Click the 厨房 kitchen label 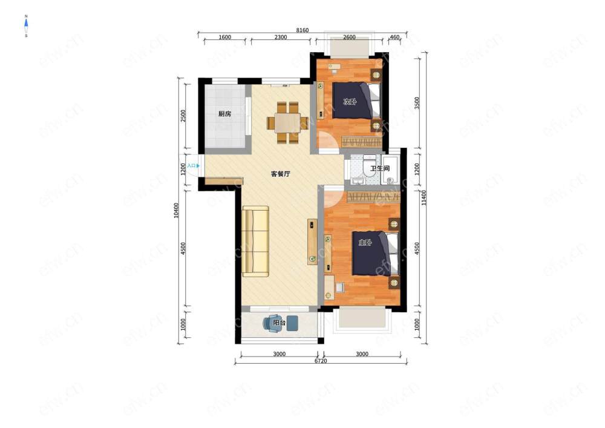[224, 114]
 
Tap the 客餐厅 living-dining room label [281, 174]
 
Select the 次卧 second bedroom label [350, 102]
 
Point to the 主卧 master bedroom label [365, 242]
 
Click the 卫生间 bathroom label [380, 168]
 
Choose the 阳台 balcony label [279, 323]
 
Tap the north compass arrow [26, 26]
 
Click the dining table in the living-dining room [288, 123]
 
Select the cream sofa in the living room [255, 242]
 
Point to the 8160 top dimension [302, 30]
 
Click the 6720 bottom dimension [321, 361]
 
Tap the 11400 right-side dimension [424, 197]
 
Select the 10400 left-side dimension [176, 210]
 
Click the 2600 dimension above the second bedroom [349, 38]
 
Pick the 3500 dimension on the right [417, 103]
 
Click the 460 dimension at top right [395, 38]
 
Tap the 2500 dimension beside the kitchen [183, 116]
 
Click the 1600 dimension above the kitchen [225, 38]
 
